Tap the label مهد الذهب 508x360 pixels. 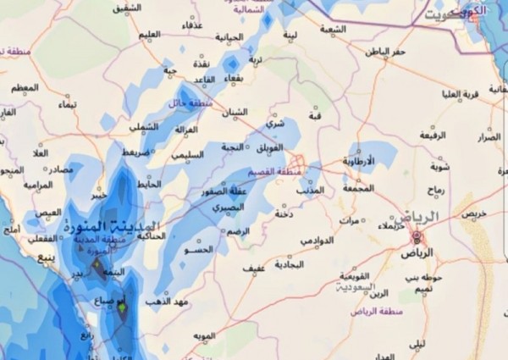click(x=163, y=301)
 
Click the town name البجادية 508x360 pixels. click(x=289, y=266)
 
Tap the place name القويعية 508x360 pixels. click(x=355, y=276)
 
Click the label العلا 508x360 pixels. click(x=39, y=153)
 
